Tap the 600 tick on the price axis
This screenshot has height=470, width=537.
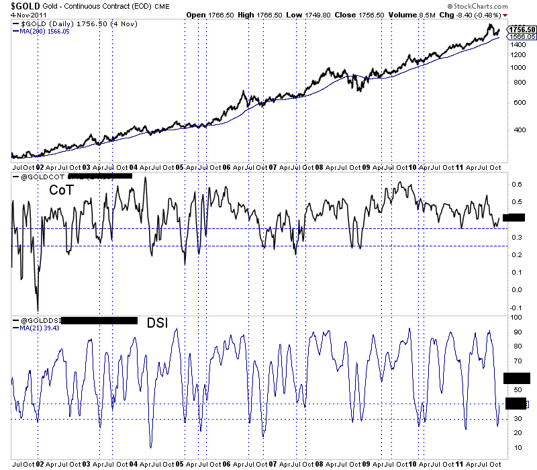(514, 102)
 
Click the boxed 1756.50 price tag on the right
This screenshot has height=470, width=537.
(522, 30)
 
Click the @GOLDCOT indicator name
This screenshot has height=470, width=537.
(42, 177)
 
